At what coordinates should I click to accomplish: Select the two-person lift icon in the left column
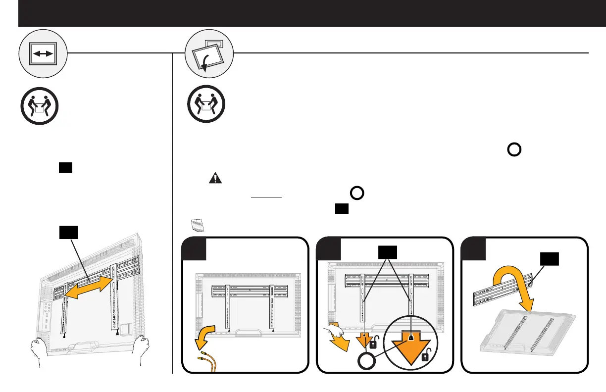point(40,106)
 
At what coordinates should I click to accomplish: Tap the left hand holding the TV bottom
point(41,351)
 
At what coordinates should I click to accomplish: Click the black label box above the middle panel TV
point(389,252)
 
